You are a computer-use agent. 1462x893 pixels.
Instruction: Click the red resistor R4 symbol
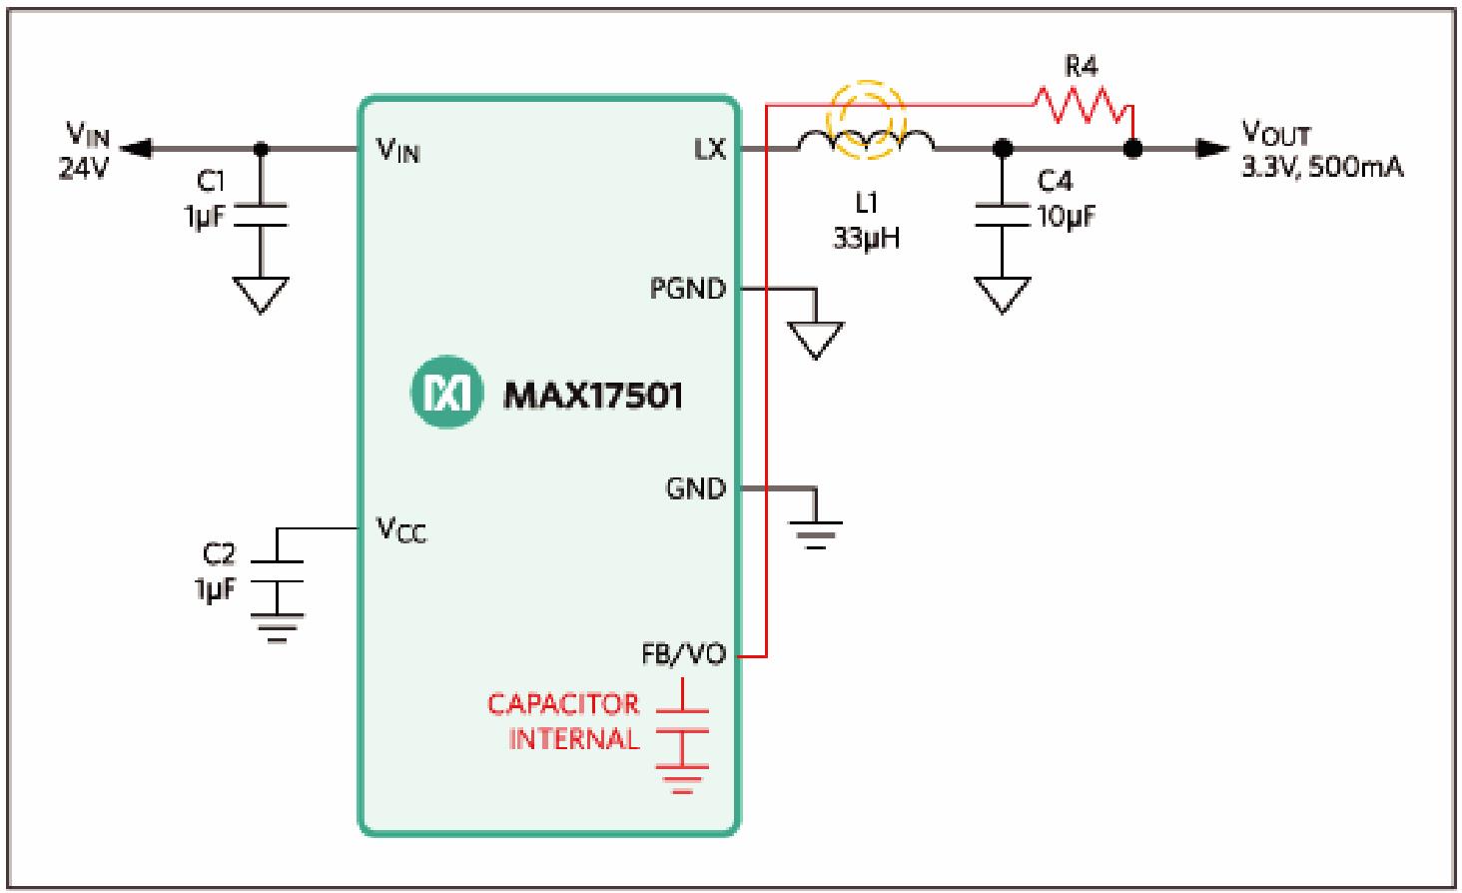click(x=1082, y=103)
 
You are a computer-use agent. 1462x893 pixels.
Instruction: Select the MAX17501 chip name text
click(x=593, y=396)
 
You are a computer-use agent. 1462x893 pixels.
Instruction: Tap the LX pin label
click(x=711, y=150)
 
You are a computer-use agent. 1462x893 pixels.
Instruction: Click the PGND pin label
click(x=688, y=290)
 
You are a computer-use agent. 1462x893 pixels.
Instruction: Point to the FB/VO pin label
click(x=684, y=655)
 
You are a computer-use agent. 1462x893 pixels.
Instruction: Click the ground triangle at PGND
click(x=815, y=340)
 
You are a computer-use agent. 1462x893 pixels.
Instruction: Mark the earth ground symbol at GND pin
click(x=818, y=533)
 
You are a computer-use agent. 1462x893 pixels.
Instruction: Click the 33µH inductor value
click(x=867, y=239)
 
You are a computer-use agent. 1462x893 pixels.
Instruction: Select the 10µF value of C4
click(x=1066, y=215)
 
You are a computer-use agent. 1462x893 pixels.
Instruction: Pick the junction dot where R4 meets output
click(x=1132, y=149)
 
